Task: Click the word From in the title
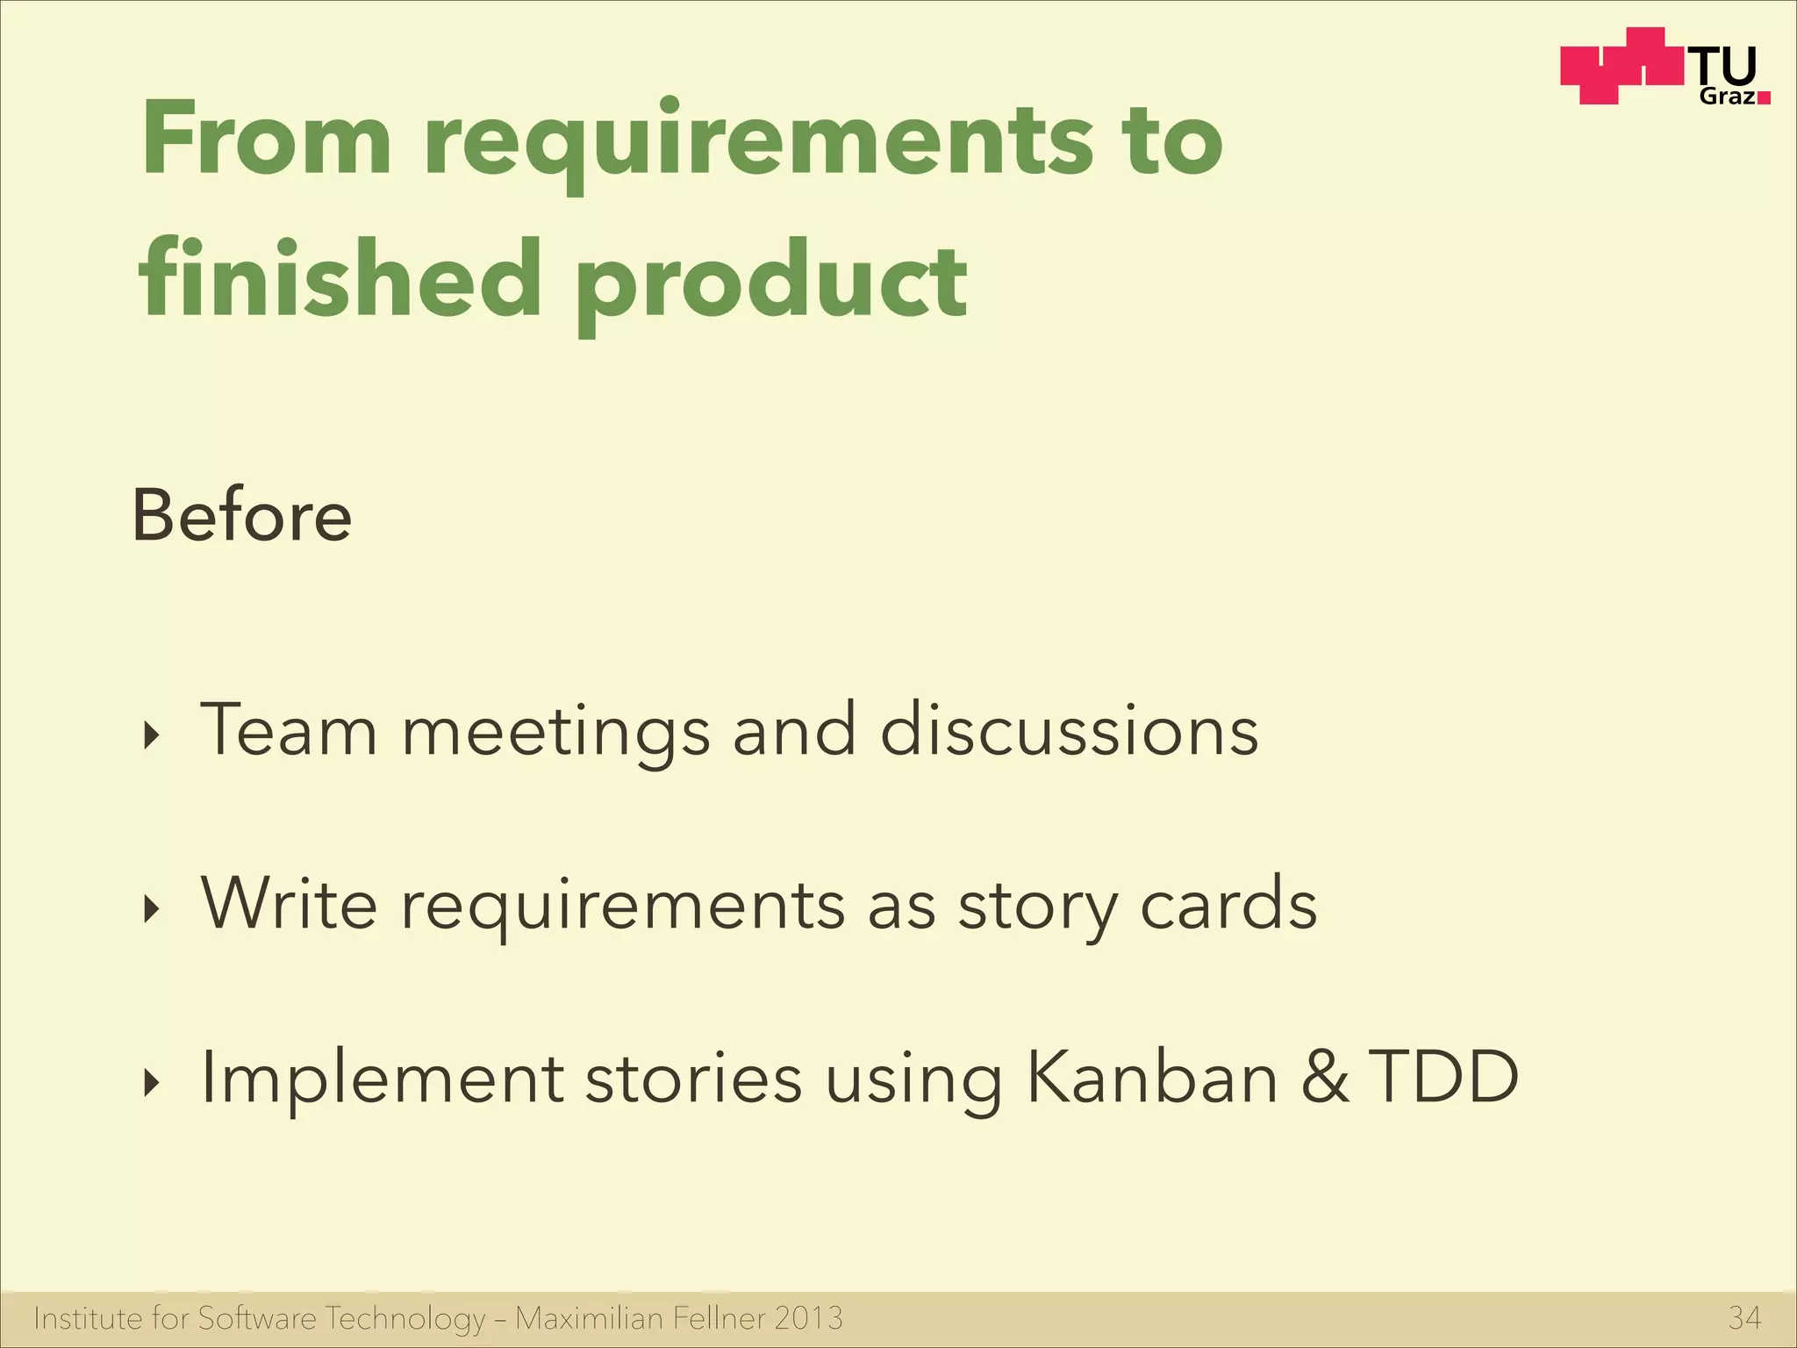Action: coord(266,139)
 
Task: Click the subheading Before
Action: coord(242,516)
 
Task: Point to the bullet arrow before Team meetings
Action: coord(153,736)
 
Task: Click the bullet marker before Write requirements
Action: coord(153,909)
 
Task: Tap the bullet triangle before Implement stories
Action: coord(153,1083)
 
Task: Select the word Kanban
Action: coord(1151,1078)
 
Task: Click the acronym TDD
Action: coord(1443,1078)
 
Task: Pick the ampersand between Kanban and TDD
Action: coord(1325,1078)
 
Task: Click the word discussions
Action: coord(1069,730)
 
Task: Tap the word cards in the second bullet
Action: coord(1228,904)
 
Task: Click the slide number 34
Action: coord(1744,1318)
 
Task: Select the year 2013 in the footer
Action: coord(808,1318)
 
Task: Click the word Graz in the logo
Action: coord(1728,97)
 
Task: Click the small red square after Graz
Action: coord(1764,98)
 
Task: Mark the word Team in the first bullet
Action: coord(290,730)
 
